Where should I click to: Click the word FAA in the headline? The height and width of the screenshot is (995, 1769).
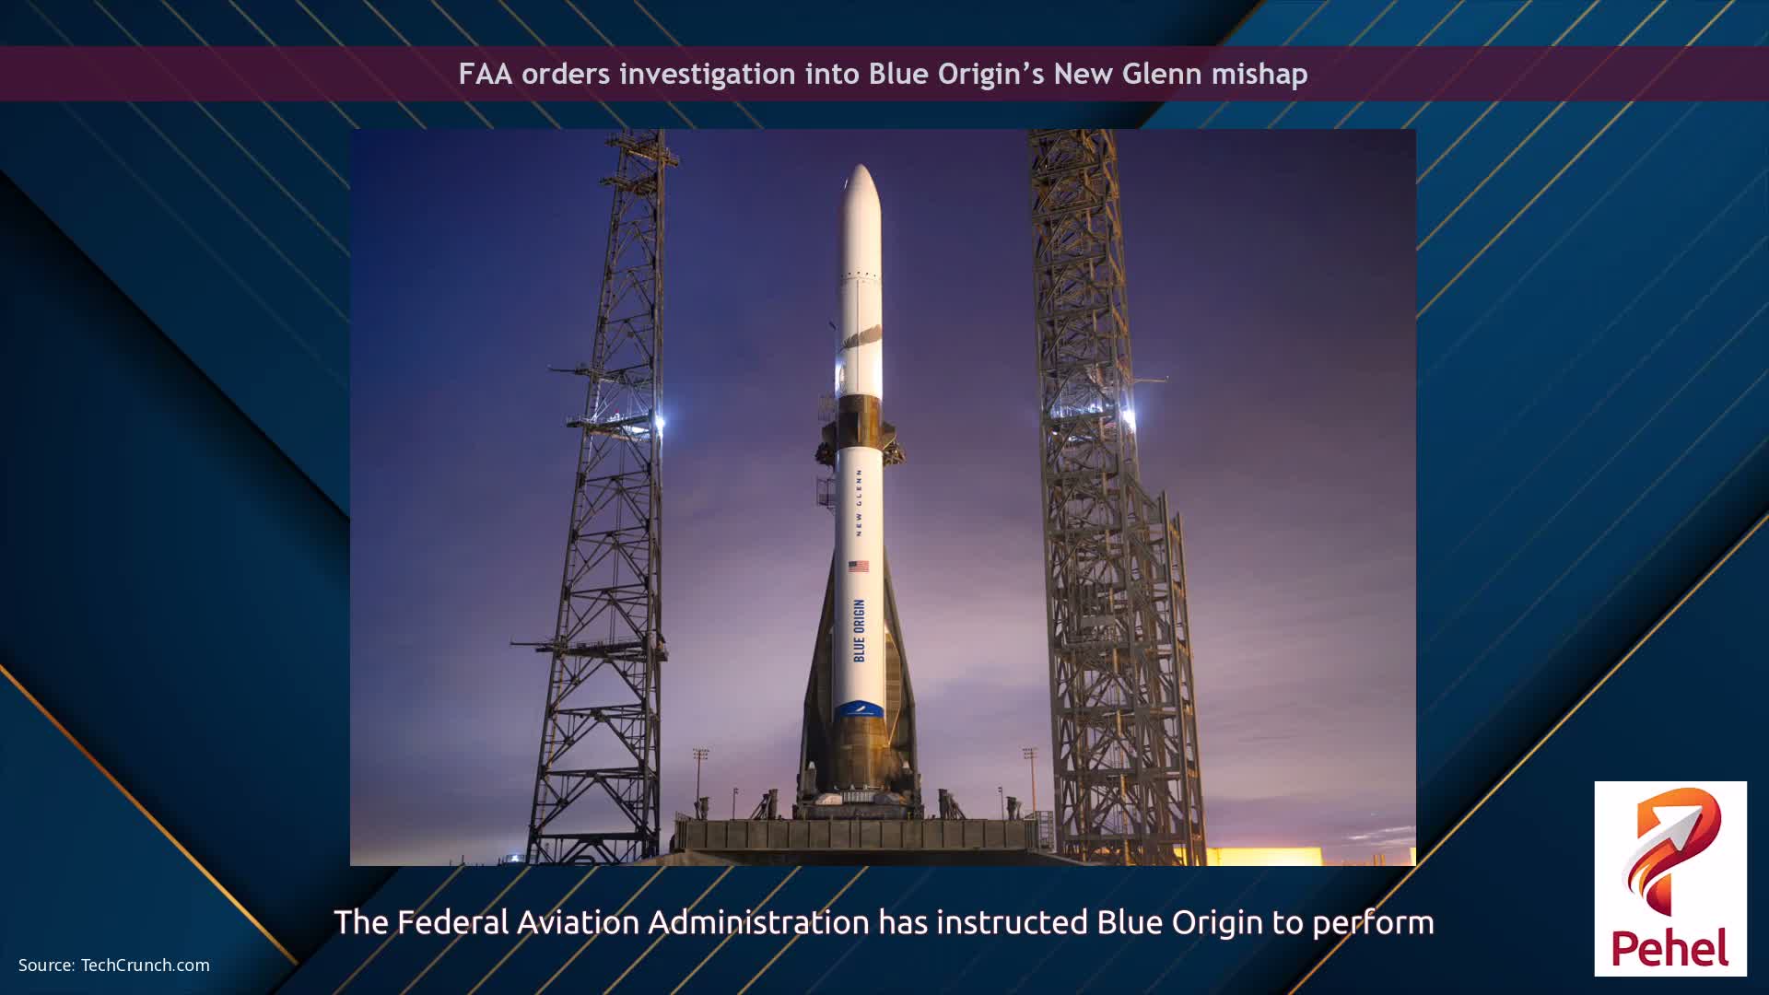pyautogui.click(x=485, y=74)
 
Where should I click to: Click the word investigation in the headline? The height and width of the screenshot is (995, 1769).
pyautogui.click(x=708, y=74)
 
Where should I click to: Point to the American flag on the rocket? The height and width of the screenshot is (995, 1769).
pyautogui.click(x=859, y=566)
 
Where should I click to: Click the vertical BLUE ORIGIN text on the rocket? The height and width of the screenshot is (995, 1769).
pyautogui.click(x=860, y=630)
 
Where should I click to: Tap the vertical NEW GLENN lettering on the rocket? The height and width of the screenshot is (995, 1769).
pyautogui.click(x=859, y=502)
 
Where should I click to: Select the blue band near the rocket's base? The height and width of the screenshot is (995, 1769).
pyautogui.click(x=859, y=710)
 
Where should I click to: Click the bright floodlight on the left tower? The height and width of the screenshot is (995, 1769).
pyautogui.click(x=660, y=422)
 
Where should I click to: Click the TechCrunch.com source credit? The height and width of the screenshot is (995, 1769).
pyautogui.click(x=145, y=966)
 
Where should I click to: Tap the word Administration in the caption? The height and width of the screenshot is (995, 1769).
pyautogui.click(x=758, y=922)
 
